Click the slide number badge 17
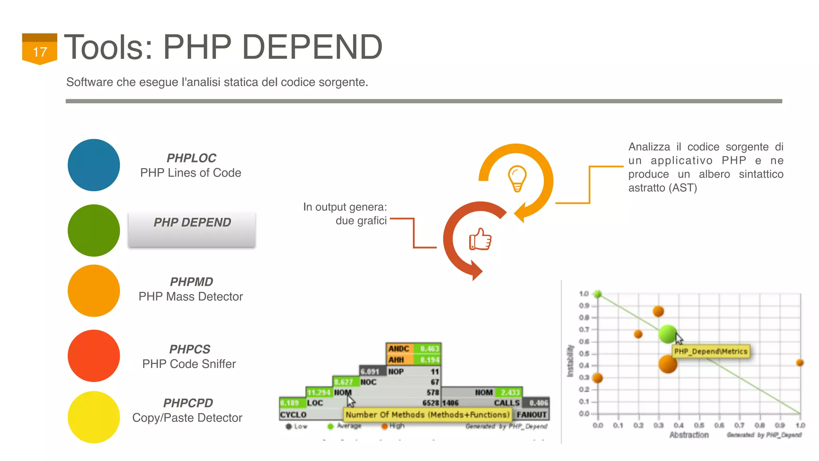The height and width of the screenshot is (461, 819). (40, 50)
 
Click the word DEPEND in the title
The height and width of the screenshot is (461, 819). (312, 47)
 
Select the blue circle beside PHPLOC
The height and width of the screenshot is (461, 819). (94, 165)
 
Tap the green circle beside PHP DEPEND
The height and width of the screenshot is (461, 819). (94, 230)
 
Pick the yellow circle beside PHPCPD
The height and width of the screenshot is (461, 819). (94, 417)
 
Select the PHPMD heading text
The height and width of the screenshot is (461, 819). (191, 282)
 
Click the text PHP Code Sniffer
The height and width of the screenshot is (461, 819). (189, 364)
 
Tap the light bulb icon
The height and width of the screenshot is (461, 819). (517, 178)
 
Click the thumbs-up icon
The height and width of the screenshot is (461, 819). (480, 239)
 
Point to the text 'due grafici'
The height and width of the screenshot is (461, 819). (361, 220)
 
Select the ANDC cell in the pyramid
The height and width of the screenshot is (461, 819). (399, 349)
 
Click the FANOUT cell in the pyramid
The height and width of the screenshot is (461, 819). (531, 415)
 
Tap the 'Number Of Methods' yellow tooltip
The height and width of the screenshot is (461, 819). (427, 415)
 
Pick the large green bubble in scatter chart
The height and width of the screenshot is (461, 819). (667, 334)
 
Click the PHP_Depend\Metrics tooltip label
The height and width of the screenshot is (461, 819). (710, 351)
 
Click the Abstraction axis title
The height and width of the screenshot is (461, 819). (689, 435)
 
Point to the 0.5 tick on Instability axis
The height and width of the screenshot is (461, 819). (584, 354)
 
